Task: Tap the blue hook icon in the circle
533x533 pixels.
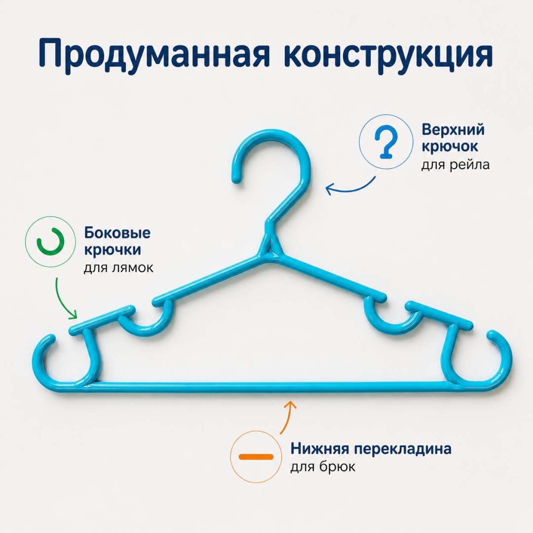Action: pos(386,142)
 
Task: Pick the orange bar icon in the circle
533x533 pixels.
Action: pos(256,457)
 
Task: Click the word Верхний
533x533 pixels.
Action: pos(453,130)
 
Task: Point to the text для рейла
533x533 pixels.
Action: pos(456,165)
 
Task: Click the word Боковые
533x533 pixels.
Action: pos(117,233)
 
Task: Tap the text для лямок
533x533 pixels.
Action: pos(118,268)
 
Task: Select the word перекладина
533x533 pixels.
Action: pos(403,449)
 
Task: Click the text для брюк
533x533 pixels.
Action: pos(323,466)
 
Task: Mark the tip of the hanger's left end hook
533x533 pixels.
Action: pos(51,339)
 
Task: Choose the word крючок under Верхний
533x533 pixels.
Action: pos(450,147)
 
